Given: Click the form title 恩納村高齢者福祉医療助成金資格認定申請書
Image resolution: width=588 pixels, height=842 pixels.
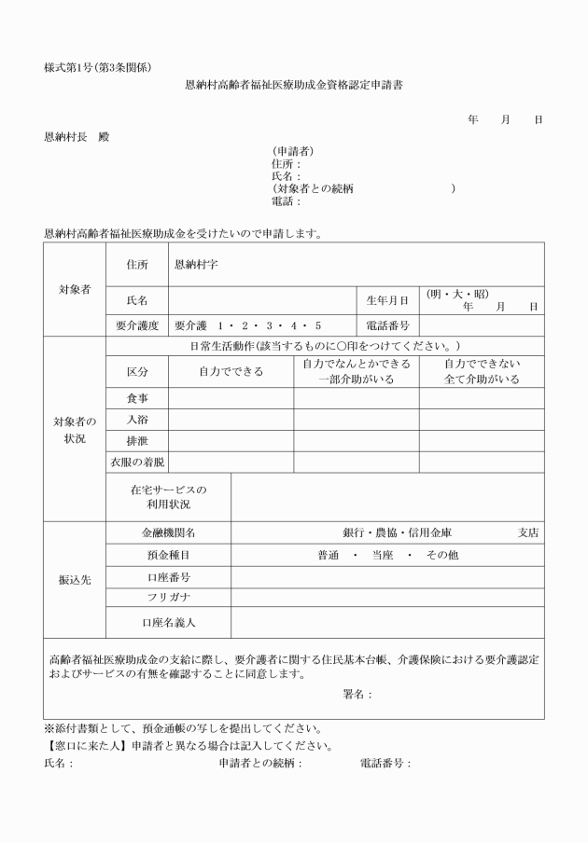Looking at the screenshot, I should click(x=294, y=85).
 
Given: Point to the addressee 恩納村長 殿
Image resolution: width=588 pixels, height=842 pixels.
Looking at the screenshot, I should click(x=77, y=136).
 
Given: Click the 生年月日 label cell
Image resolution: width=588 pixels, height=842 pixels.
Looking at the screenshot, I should click(x=386, y=300).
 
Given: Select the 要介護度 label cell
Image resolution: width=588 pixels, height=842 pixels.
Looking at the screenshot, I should click(x=137, y=325).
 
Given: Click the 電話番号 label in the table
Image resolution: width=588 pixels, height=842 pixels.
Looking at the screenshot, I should click(x=386, y=325).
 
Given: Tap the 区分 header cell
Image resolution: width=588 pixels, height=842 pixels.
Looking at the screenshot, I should click(x=137, y=371).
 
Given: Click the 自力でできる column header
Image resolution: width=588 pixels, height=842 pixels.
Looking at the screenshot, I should click(x=231, y=371).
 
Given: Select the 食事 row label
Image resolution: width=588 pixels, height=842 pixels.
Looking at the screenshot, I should click(x=137, y=398).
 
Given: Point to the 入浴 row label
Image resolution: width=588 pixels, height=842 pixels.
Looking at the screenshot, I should click(x=137, y=420).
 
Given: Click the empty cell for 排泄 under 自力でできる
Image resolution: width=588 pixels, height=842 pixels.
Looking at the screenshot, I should click(x=231, y=440).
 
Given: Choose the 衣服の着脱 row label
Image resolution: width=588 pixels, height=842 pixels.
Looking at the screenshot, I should click(x=137, y=462).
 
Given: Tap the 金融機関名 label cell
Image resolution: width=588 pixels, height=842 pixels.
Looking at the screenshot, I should click(x=168, y=533).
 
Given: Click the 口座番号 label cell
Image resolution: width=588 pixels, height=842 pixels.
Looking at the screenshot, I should click(x=168, y=577).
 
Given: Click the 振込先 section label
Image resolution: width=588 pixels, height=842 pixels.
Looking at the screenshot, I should click(x=75, y=578).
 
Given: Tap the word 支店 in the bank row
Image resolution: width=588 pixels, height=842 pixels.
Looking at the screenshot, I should click(x=528, y=533).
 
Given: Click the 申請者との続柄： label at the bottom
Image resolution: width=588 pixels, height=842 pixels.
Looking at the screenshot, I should click(x=260, y=763).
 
